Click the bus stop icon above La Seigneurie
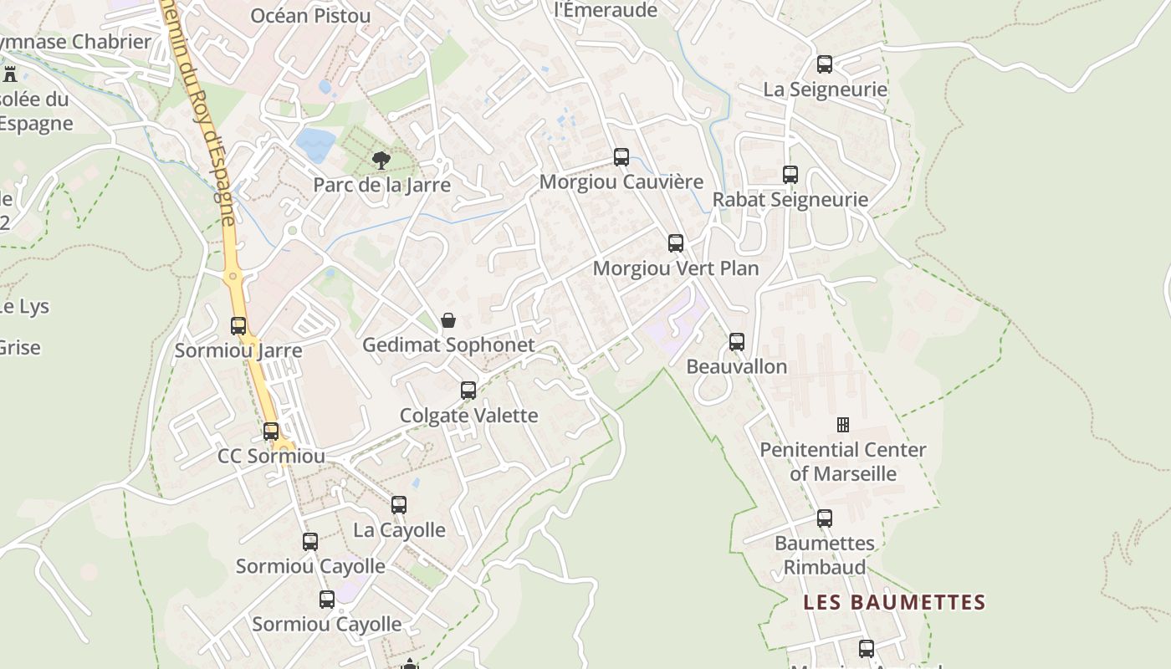click(825, 64)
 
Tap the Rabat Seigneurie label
click(790, 200)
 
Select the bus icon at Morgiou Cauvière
click(621, 156)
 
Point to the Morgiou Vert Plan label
click(675, 268)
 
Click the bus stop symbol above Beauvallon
click(737, 341)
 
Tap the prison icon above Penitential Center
click(843, 425)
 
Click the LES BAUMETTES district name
click(894, 602)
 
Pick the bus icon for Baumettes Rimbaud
click(825, 518)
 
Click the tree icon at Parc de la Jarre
click(381, 160)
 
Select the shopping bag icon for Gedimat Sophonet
click(448, 320)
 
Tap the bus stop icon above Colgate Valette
click(468, 391)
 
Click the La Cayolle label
click(399, 530)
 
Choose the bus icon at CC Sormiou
click(271, 432)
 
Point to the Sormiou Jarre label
click(238, 350)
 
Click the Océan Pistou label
click(310, 16)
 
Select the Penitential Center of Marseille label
click(843, 462)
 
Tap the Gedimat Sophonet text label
click(448, 345)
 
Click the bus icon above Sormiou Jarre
click(238, 326)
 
